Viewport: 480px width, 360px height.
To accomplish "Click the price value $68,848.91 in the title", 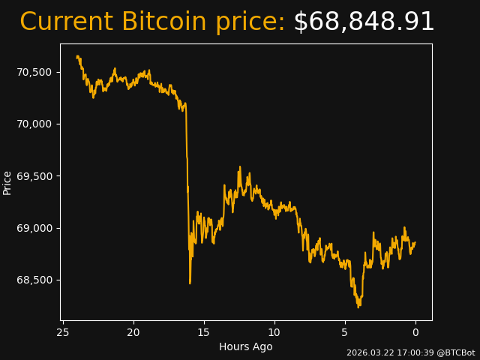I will pos(364,22).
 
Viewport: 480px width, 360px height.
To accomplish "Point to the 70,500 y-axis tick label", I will pos(34,72).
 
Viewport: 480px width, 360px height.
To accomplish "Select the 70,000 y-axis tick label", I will pos(34,124).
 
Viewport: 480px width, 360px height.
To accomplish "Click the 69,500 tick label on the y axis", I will pos(34,176).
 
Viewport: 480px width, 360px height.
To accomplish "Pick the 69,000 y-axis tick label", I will pos(34,228).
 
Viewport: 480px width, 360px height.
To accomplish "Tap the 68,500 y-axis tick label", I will pos(34,280).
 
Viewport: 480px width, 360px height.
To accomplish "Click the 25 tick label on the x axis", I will pos(63,332).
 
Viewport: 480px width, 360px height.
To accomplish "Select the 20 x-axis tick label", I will pos(133,332).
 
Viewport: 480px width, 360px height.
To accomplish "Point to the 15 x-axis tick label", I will pos(204,332).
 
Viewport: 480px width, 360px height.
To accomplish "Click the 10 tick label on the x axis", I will pos(274,332).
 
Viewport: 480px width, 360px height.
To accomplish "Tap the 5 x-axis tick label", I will pos(345,332).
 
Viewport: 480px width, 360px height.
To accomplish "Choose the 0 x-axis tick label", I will pos(415,332).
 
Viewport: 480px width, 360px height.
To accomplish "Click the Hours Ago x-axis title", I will pos(246,346).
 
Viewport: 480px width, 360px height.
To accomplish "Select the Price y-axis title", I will pos(7,182).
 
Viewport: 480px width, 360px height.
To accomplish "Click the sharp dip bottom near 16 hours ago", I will pos(190,283).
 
